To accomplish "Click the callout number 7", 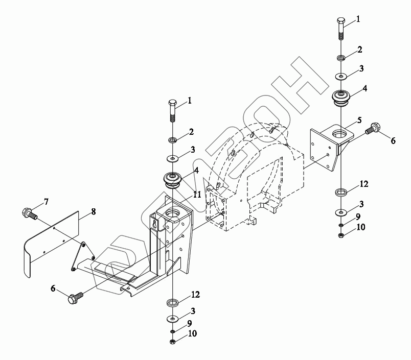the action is [x=46, y=202].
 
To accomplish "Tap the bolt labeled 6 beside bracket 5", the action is [x=373, y=128].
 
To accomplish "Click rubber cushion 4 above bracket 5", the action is [x=341, y=97].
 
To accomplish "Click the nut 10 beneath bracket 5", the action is [x=341, y=235].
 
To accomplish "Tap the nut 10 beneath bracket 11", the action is [x=172, y=341].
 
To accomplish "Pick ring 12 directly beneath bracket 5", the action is [x=341, y=193].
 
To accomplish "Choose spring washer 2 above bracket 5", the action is [x=341, y=57].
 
